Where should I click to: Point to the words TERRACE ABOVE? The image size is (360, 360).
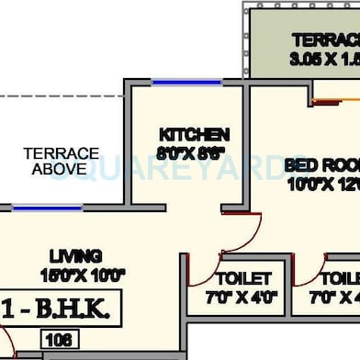coord(61,161)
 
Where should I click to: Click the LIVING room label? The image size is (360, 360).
coord(78,255)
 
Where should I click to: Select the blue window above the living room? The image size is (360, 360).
coord(47,208)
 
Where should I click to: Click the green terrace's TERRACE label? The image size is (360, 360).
coord(326,40)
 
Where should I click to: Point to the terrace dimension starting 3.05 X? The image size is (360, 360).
coord(326,59)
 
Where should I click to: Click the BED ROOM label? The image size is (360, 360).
coord(321,164)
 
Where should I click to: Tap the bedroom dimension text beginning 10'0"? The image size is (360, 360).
coord(321,183)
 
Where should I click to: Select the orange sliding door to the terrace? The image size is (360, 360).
coord(335,99)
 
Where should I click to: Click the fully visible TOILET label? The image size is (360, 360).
coord(242,278)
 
